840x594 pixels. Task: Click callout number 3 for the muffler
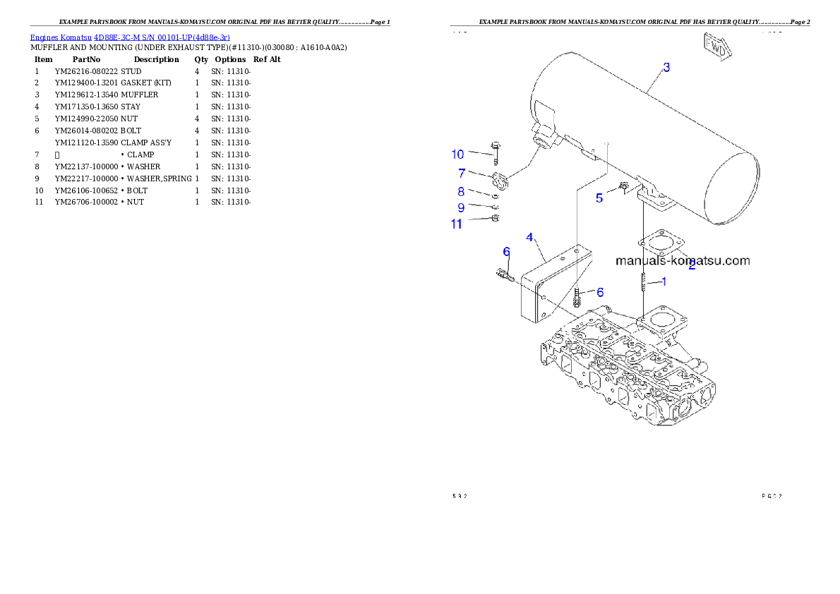click(x=666, y=68)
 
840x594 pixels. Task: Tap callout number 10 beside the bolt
click(x=458, y=154)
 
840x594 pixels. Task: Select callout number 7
click(x=461, y=173)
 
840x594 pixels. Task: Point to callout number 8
click(x=461, y=191)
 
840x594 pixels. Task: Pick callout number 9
click(x=461, y=207)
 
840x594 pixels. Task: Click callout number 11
click(x=457, y=224)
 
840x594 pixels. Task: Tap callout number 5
click(x=599, y=198)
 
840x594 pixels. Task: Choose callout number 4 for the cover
click(x=529, y=237)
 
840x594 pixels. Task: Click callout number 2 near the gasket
click(x=692, y=266)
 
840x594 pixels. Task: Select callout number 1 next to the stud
click(x=664, y=281)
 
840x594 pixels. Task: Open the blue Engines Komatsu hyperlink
click(x=130, y=37)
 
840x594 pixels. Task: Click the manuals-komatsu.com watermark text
click(x=683, y=260)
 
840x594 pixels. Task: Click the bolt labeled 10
click(x=495, y=151)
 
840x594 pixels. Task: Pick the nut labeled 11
click(x=495, y=219)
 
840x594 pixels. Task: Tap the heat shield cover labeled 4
click(x=551, y=282)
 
